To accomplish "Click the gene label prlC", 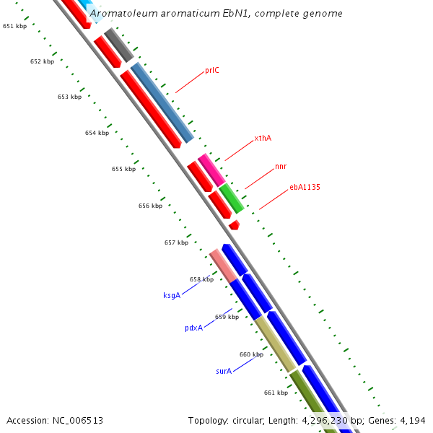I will (211, 71).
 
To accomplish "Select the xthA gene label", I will (263, 138).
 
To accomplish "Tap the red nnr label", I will (281, 167).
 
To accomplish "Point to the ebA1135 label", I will (305, 188).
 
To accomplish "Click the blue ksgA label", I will (172, 295).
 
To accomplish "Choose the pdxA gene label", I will (193, 328).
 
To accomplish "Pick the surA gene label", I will (224, 371).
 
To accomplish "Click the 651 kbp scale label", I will (14, 26).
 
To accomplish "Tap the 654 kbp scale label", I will (97, 133).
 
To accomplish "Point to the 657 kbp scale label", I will (176, 242).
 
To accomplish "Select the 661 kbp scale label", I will (276, 393).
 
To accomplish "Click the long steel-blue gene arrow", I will (162, 102).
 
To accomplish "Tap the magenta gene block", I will (211, 170).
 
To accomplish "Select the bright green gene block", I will (232, 198).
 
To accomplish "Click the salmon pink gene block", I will (223, 266).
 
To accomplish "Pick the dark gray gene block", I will (119, 45).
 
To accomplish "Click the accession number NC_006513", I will (76, 420).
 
